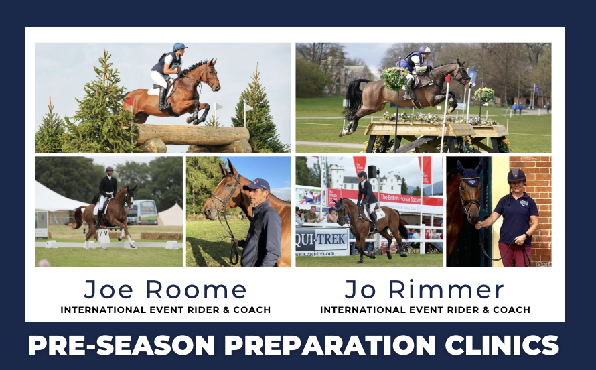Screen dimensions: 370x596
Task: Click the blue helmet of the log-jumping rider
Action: (179, 48)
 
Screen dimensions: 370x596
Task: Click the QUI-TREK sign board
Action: (321, 238)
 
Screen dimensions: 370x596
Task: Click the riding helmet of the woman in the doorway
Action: (517, 175)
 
